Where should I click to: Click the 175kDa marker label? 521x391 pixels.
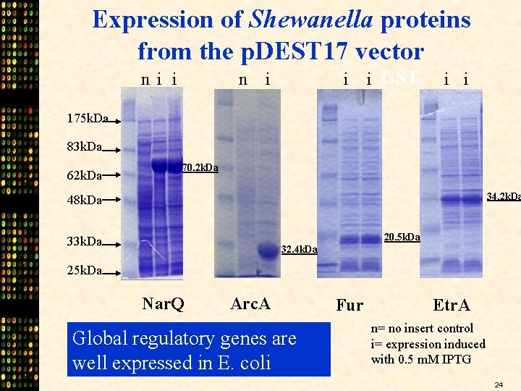coord(87,118)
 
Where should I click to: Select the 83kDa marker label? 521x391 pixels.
coord(83,148)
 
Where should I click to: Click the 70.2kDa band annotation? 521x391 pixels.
coord(199,168)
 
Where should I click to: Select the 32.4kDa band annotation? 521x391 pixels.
coord(298,250)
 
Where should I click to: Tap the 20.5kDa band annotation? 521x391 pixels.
coord(402,237)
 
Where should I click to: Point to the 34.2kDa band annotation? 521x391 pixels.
coord(503,196)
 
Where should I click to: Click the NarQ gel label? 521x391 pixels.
coord(164,303)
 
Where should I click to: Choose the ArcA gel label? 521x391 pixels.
coord(250,303)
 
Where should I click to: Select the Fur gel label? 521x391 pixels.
coord(350,305)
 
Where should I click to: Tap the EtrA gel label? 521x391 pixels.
coord(451,305)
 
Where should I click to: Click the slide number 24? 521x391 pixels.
coord(499,384)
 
